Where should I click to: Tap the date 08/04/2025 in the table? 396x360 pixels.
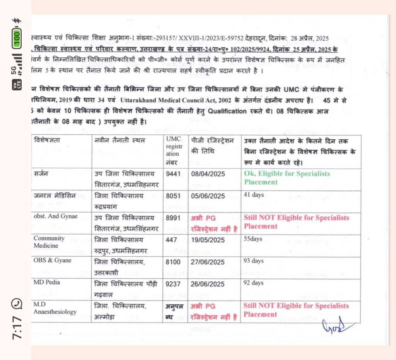click(x=208, y=174)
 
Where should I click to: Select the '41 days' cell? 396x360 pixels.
click(x=254, y=195)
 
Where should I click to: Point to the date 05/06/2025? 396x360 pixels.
click(x=208, y=196)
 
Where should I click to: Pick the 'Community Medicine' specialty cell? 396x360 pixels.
click(x=49, y=242)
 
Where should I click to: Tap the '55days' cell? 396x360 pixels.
click(x=253, y=239)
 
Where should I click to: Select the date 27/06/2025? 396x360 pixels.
click(x=208, y=262)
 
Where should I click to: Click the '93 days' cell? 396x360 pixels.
click(x=254, y=261)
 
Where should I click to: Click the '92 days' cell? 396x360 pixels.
click(x=254, y=283)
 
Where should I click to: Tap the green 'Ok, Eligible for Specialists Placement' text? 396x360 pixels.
click(x=287, y=178)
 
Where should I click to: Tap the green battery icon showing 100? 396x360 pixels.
click(x=17, y=39)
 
